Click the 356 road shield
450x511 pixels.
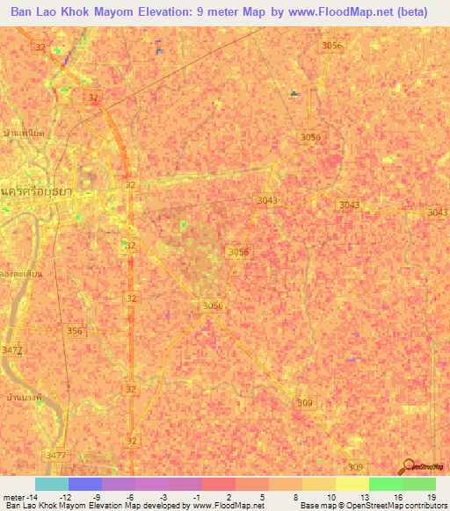(x=75, y=331)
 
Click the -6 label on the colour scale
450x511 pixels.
(x=129, y=496)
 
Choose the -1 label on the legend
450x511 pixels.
(x=196, y=496)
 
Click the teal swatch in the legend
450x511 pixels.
(x=52, y=484)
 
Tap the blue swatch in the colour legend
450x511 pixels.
(x=85, y=484)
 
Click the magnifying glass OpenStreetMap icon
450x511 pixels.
(x=409, y=464)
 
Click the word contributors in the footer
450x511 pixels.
(x=419, y=506)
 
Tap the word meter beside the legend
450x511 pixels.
(x=13, y=496)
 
